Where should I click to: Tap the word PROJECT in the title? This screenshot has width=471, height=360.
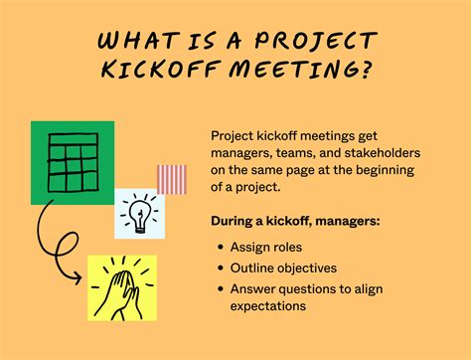315,43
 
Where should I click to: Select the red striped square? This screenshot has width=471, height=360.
171,179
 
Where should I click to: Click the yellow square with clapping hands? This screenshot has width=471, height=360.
121,285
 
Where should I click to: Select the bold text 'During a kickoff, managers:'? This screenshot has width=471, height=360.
295,220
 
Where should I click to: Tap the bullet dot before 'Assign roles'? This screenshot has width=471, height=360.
221,248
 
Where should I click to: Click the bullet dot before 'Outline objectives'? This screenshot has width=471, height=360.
221,268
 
